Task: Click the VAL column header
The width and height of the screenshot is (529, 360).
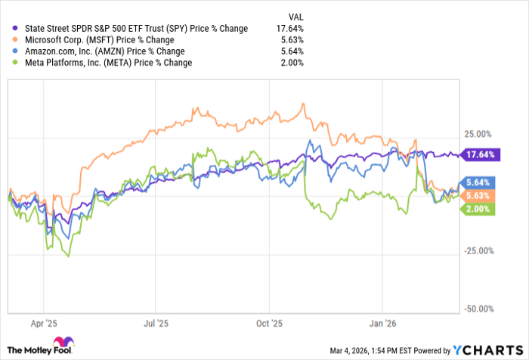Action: (297, 16)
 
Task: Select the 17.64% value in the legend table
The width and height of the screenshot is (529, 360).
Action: (292, 29)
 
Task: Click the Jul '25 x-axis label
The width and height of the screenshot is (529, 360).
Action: (156, 323)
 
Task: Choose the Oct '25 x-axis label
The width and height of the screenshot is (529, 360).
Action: (269, 323)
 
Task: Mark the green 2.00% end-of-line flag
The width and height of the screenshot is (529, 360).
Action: (478, 209)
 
